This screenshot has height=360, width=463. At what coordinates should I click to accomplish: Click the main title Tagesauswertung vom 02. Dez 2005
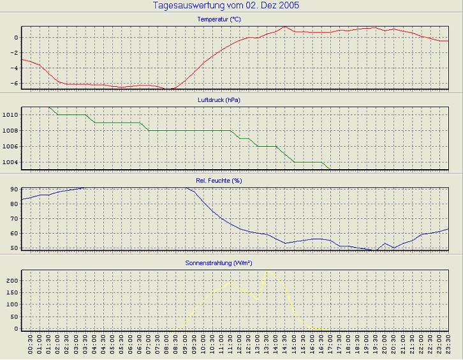coord(227,6)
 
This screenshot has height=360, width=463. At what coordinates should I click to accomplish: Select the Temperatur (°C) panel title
coord(219,20)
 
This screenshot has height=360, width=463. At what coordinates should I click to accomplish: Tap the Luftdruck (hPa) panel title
coord(219,100)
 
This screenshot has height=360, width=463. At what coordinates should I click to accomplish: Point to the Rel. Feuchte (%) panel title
coord(219,181)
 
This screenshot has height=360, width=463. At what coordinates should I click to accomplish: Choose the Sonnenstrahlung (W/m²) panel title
coord(219,262)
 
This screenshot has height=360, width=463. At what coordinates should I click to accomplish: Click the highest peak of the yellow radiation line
coord(267,271)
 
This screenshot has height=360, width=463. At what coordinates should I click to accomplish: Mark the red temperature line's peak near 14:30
coord(284,27)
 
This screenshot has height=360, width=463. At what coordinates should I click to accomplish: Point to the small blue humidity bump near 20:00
coord(385,243)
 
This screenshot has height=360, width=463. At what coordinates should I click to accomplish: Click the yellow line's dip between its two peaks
coord(257,299)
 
